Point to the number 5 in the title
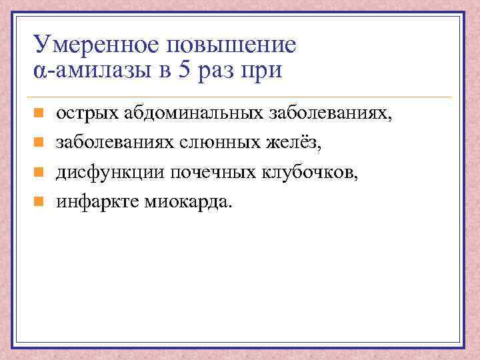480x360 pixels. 183,70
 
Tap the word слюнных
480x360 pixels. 216,142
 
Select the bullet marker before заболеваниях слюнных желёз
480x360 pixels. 39,143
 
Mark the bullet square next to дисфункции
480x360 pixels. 39,171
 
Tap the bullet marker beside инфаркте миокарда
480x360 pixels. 39,201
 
